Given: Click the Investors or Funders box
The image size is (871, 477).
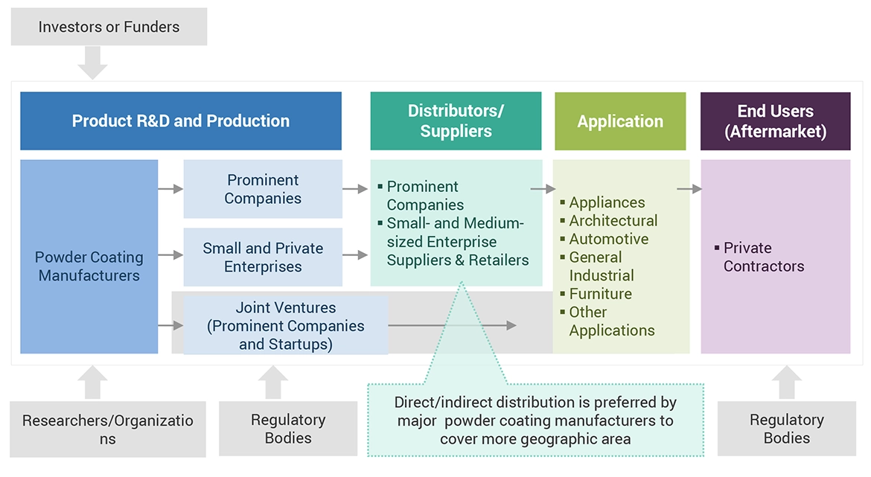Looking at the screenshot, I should point(109,28).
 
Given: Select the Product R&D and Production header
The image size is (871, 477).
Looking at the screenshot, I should point(181,121).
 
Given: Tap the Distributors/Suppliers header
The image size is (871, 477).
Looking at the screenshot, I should point(456,121).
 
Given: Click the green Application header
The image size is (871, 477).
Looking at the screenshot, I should point(620,121).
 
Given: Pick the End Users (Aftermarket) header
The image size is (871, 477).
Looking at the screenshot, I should point(775,121).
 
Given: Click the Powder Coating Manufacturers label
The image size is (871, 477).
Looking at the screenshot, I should point(89,266).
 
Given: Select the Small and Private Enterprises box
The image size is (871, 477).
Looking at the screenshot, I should point(263,257).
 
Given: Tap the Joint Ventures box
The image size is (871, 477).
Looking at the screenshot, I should point(286,326).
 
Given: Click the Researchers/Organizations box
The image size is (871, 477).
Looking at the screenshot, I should point(108,429).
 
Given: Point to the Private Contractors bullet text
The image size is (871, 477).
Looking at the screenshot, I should point(763,257).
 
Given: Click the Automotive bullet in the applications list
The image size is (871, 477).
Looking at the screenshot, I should point(608,239).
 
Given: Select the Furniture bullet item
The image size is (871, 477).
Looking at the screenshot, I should point(600,294).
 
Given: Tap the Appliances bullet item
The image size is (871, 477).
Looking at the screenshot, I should point(607,202).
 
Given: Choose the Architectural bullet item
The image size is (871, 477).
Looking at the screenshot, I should point(613,221).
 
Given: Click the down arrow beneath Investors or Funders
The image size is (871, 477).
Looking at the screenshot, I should point(92,63).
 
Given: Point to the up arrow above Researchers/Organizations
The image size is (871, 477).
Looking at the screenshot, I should point(92,382).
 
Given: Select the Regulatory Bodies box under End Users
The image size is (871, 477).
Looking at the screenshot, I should point(786,429).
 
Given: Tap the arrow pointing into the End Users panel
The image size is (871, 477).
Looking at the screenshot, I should point(689,189).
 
